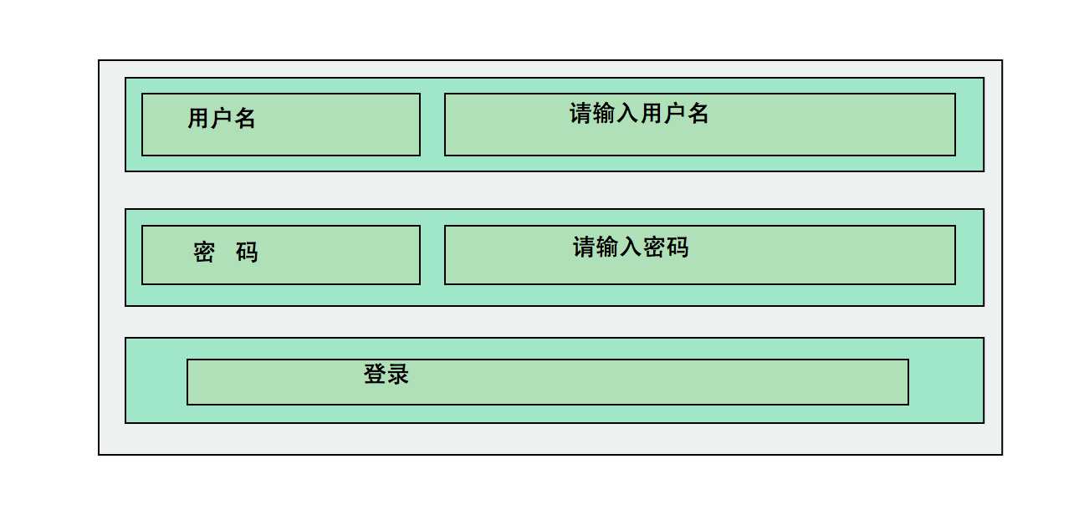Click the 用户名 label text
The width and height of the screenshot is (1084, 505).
[222, 119]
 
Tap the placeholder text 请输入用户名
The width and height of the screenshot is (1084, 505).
[639, 114]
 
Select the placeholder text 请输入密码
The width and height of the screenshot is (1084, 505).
[631, 247]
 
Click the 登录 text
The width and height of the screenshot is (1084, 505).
[386, 374]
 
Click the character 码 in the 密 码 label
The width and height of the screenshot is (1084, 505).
[247, 252]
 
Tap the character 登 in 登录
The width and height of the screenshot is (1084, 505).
[375, 374]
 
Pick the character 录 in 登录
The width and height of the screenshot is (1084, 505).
[398, 374]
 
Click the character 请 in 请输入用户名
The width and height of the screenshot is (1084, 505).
[581, 114]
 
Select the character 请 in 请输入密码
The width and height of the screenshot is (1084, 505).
[585, 247]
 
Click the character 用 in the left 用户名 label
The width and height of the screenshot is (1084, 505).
[198, 119]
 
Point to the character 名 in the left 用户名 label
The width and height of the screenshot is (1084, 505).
[245, 119]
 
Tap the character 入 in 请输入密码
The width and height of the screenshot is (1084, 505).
[631, 247]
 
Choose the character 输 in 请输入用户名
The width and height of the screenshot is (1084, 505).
[605, 114]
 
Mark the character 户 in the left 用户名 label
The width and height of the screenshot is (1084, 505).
[222, 119]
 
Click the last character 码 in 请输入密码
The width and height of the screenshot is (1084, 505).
[677, 247]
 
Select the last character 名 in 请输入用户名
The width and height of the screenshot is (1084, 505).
[698, 114]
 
